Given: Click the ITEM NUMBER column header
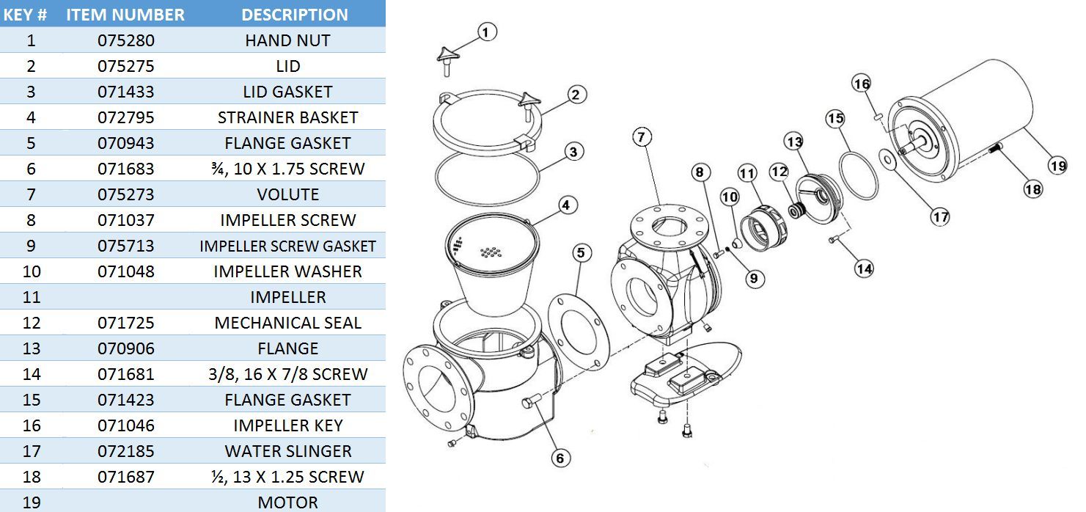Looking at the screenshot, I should pyautogui.click(x=125, y=15).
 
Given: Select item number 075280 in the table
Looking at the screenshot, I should pyautogui.click(x=125, y=40).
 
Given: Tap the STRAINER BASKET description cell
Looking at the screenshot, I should pyautogui.click(x=287, y=117).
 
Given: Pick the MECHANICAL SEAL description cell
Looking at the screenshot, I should pyautogui.click(x=287, y=323).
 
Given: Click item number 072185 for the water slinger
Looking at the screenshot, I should pyautogui.click(x=125, y=451).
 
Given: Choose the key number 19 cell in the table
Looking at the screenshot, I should pyautogui.click(x=31, y=502).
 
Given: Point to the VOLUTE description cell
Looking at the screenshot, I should pyautogui.click(x=287, y=194).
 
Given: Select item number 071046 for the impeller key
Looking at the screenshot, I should pyautogui.click(x=125, y=425).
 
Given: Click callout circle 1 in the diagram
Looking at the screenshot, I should pyautogui.click(x=487, y=32).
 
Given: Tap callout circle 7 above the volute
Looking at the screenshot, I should pyautogui.click(x=642, y=137).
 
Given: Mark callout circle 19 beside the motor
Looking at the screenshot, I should pyautogui.click(x=1057, y=166).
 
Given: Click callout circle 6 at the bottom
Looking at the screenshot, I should pyautogui.click(x=559, y=458).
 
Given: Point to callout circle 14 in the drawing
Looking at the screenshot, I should pyautogui.click(x=864, y=268).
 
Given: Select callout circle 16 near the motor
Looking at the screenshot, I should pyautogui.click(x=862, y=84).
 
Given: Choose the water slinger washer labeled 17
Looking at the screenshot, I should pyautogui.click(x=887, y=157).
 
